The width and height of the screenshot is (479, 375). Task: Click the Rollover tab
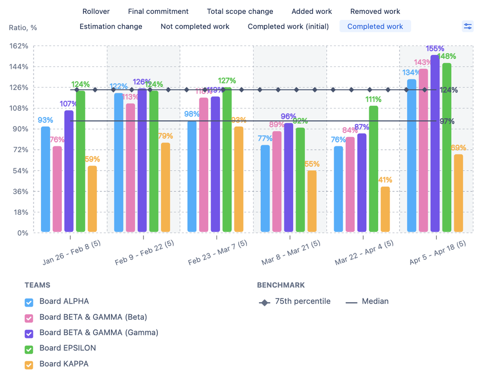[x=96, y=12]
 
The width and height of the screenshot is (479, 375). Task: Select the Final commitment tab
[x=158, y=12]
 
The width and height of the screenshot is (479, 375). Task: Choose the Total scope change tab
[x=240, y=12]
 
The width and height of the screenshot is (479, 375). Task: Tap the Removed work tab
[x=375, y=12]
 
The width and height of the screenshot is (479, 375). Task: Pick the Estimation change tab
[x=111, y=26]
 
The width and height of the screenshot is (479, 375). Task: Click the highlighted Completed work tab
[x=375, y=26]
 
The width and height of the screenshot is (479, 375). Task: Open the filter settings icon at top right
[x=467, y=26]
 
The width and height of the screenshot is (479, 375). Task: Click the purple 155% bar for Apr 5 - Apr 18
[x=435, y=144]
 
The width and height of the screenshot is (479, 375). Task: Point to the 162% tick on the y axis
[x=19, y=46]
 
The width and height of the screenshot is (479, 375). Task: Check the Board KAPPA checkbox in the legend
[x=29, y=364]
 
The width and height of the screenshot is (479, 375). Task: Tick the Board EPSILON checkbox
[x=29, y=349]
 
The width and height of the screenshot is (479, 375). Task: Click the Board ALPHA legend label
[x=64, y=302]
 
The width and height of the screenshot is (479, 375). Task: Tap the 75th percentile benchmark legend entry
[x=295, y=302]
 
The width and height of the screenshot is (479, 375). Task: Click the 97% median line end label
[x=446, y=121]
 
